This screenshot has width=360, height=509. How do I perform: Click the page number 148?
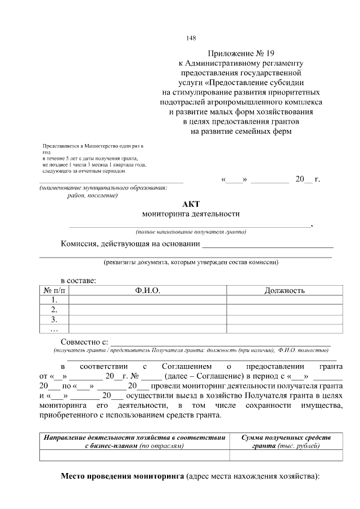click(x=191, y=38)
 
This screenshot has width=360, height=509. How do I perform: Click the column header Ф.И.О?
click(x=147, y=290)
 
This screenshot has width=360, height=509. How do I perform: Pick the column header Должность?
click(x=284, y=290)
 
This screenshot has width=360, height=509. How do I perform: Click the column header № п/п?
click(x=54, y=290)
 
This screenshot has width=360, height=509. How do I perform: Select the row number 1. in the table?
click(x=54, y=300)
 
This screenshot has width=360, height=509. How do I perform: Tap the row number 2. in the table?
click(x=54, y=309)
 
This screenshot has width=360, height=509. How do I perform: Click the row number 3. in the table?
click(x=54, y=319)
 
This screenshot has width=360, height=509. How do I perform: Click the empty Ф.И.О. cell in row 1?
click(x=147, y=300)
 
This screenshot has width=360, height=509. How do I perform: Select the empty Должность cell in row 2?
click(x=284, y=309)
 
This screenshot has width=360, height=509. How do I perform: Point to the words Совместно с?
click(x=84, y=342)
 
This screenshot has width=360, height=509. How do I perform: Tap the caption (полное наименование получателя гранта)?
click(x=191, y=232)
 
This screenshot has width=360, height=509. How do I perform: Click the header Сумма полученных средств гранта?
click(x=286, y=442)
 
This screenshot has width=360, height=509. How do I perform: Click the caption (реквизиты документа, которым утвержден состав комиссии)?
click(x=191, y=262)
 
